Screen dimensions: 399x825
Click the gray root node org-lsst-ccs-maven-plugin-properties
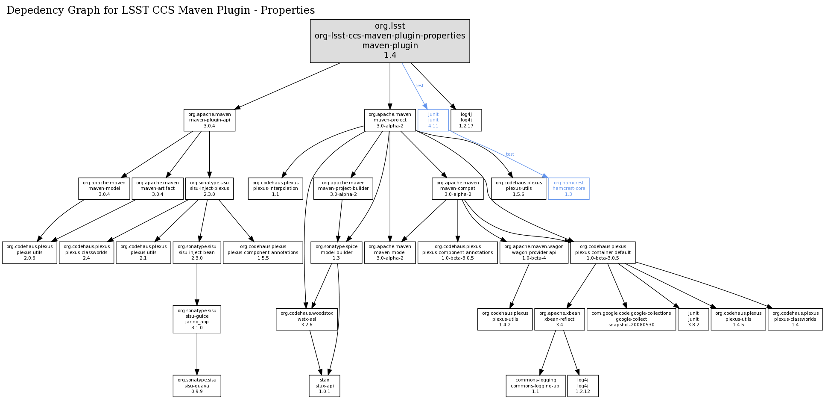[390, 41]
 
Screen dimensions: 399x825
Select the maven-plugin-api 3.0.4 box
[209, 120]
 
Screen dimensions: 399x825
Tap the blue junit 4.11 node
[433, 120]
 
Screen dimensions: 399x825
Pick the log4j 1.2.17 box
[466, 120]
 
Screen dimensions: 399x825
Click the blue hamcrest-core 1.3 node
[568, 189]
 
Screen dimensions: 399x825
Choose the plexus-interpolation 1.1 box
[275, 189]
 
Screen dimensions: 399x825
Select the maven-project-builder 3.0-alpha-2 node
[343, 189]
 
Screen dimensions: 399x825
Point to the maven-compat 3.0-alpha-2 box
[458, 189]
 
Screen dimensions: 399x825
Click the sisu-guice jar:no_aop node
[197, 319]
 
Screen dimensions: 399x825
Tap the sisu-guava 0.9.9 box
[197, 386]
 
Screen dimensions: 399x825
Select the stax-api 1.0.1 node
[325, 386]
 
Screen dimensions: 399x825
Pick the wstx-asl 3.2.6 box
[307, 319]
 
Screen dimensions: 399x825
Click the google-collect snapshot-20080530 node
[631, 319]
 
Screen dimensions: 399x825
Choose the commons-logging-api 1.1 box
[535, 386]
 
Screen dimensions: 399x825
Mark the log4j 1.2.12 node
[582, 386]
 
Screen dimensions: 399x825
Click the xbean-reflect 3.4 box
[559, 319]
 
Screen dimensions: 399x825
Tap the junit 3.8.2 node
[693, 319]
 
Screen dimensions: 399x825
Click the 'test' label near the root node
[420, 86]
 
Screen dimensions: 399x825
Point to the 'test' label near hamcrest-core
[510, 154]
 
